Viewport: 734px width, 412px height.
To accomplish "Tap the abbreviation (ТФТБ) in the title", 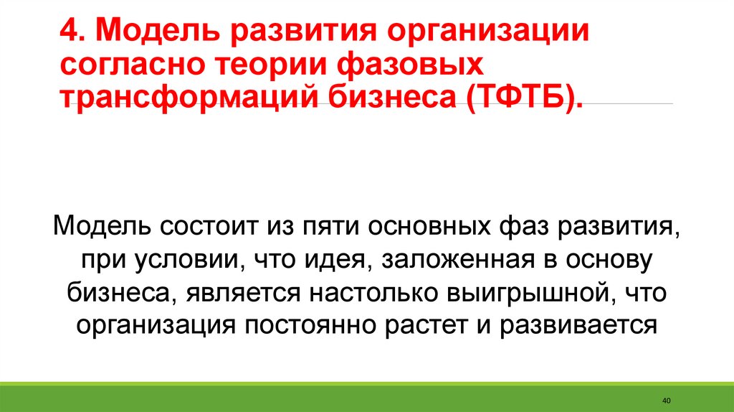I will (x=525, y=98).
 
